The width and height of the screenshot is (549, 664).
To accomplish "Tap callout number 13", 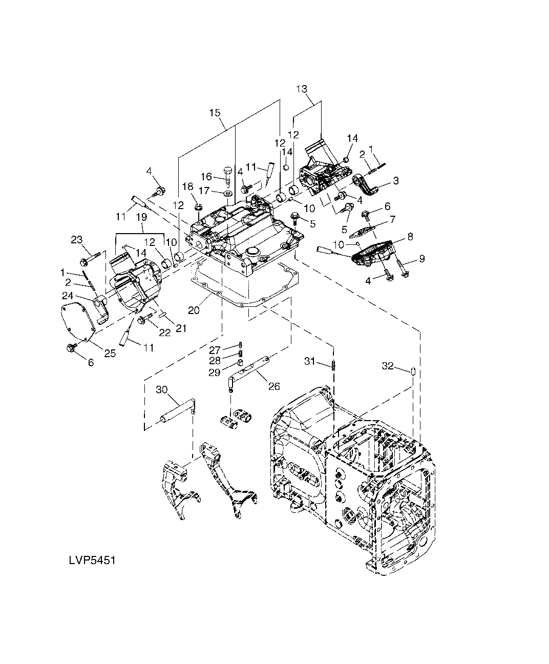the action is click(301, 89).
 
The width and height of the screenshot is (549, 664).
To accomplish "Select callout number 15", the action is click(215, 113).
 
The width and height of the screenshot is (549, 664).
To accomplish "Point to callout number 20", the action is click(194, 310).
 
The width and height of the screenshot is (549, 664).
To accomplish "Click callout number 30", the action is click(161, 389).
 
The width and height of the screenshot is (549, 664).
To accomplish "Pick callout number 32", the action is click(388, 366).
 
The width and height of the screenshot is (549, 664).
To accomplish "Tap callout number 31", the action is click(310, 361).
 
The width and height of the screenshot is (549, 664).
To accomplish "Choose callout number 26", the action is click(274, 386).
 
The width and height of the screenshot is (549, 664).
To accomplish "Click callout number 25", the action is click(110, 353).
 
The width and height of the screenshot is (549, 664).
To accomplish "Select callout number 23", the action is click(77, 239).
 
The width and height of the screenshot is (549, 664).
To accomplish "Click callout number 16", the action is click(206, 176).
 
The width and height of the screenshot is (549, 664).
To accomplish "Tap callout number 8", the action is click(410, 236).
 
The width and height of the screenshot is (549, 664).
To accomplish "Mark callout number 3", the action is click(396, 181).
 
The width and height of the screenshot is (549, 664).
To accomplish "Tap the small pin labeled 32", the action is click(413, 371).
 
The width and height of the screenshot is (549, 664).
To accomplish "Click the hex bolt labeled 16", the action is click(228, 174).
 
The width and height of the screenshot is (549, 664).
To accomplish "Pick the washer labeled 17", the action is click(227, 193).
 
